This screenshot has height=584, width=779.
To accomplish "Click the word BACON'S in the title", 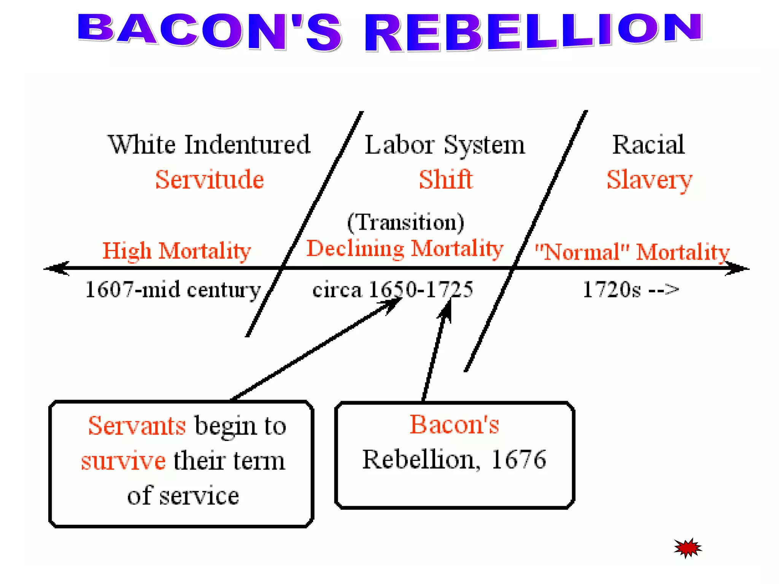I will click(209, 32).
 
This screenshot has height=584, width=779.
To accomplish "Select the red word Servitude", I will click(210, 179).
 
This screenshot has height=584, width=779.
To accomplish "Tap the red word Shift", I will click(446, 179).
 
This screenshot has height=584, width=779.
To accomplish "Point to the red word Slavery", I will click(649, 180).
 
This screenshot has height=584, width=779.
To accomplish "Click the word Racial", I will click(649, 145).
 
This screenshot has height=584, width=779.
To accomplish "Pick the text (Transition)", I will click(405, 222).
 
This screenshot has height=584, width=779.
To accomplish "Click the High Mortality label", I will click(176, 251).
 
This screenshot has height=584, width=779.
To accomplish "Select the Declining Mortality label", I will click(405, 249).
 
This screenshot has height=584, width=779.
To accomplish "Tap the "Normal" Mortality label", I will click(632, 252).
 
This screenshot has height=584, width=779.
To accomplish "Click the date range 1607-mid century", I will click(173, 290).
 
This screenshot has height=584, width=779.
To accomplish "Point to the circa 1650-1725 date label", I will click(393, 290).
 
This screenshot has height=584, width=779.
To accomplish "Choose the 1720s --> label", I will click(631, 290).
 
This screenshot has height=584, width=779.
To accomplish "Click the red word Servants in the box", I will click(137, 425).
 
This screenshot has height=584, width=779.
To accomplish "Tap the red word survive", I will click(123, 460).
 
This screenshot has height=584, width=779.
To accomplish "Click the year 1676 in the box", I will click(519, 459).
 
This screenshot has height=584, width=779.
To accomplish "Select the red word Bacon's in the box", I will click(454, 424).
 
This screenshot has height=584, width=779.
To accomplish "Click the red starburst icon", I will click(688, 548).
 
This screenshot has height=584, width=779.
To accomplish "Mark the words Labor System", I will click(445, 145).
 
